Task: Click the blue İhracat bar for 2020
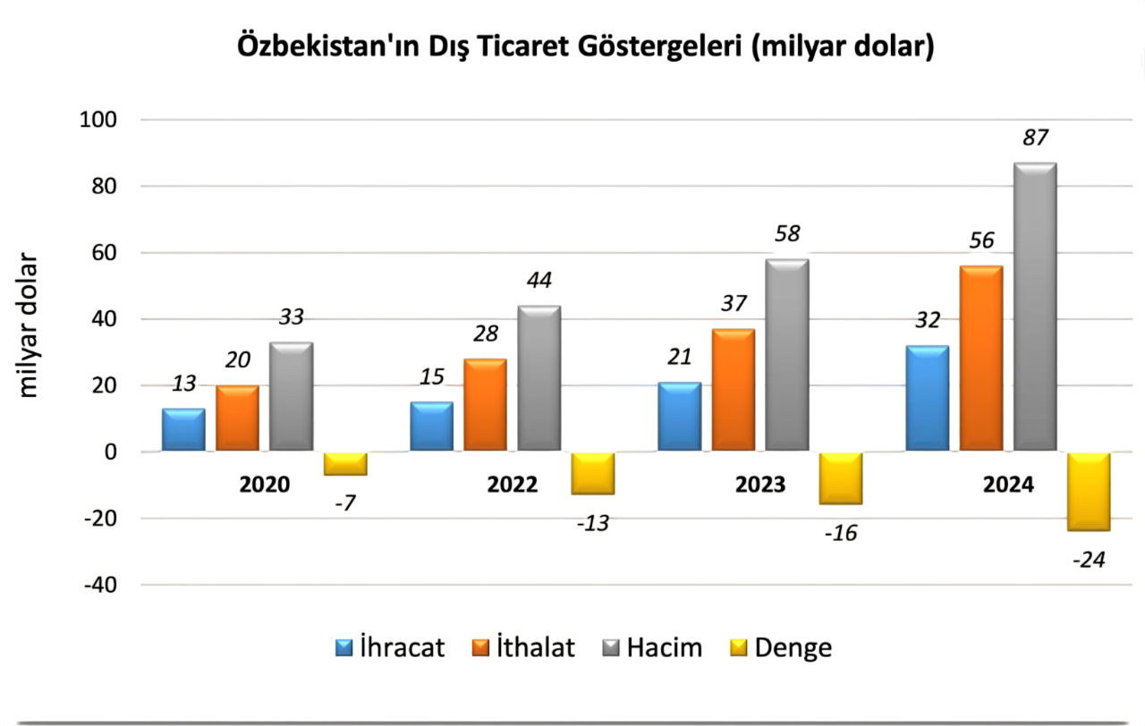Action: pos(183,429)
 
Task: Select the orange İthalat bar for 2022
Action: pos(485,404)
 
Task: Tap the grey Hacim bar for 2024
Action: pos(1035,306)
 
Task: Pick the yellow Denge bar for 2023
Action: pos(841,478)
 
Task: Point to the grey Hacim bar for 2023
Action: pos(787,354)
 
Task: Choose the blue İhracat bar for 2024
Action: pos(927,398)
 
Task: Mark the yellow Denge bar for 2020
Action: pos(345,463)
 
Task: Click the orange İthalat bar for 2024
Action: pos(981,358)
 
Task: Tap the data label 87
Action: pos(1035,138)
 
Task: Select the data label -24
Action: pos(1089,561)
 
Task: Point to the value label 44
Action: pos(539,281)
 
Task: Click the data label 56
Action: pos(981,241)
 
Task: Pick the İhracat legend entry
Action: pos(390,647)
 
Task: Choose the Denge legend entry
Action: pos(781,647)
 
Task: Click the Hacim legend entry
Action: pos(652,647)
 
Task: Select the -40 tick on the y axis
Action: pos(100,585)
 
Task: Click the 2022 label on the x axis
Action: pos(513,484)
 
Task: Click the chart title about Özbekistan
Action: pos(586,46)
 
